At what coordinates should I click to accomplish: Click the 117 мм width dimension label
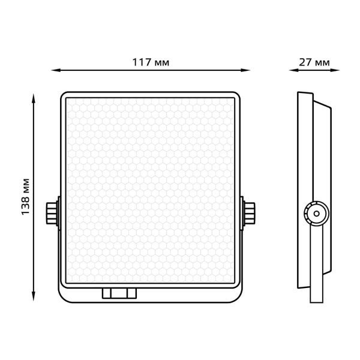[x=151, y=62]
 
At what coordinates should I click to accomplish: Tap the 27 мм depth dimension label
[x=314, y=62]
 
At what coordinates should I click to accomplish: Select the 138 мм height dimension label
[x=25, y=197]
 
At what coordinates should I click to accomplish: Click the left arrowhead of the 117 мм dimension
[x=56, y=70]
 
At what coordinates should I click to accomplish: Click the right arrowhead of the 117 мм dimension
[x=245, y=70]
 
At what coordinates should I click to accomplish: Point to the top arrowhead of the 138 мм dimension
[x=34, y=98]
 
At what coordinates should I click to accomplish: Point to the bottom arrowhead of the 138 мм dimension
[x=34, y=296]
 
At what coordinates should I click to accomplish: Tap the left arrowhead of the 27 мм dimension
[x=293, y=70]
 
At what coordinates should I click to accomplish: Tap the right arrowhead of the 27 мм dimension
[x=335, y=70]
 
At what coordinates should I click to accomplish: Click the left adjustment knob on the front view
[x=52, y=213]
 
